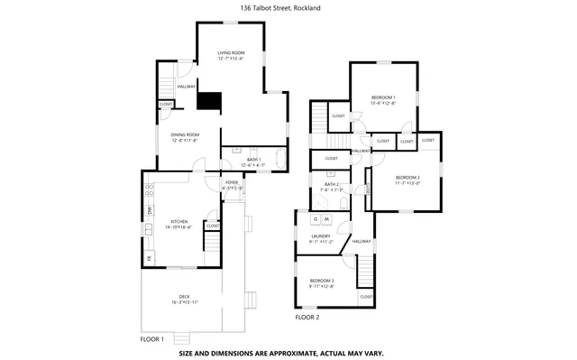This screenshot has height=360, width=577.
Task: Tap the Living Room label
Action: tap(232, 53)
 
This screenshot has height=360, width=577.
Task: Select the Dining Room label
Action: tap(184, 134)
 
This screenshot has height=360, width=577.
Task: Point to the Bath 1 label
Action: tap(252, 160)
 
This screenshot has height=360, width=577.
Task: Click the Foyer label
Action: tap(233, 183)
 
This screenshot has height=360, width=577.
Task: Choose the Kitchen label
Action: tap(180, 221)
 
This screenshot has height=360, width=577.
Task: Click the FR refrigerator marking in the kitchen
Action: tap(150, 260)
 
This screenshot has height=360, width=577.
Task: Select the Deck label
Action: tap(184, 297)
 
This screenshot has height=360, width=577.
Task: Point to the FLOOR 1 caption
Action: tap(151, 339)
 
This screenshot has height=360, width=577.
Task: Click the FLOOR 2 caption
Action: tap(307, 318)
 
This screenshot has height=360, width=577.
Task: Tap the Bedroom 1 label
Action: tap(383, 97)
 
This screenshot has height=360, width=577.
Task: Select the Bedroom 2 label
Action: tap(408, 177)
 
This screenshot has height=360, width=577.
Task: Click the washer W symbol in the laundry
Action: tap(327, 219)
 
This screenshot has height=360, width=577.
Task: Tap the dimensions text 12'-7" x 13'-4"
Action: tap(232, 60)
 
